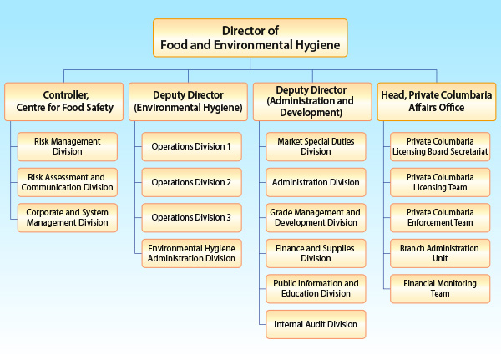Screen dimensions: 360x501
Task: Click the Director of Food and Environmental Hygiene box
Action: [250, 38]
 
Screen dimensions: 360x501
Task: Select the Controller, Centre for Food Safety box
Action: [63, 100]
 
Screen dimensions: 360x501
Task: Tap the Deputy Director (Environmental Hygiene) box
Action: [188, 100]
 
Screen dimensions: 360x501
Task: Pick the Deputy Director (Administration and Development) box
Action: [312, 100]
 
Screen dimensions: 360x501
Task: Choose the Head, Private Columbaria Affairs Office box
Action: [437, 100]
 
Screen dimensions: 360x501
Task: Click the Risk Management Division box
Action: [68, 146]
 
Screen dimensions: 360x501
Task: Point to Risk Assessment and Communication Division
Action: [68, 182]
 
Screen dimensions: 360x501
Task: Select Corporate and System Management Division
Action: [68, 217]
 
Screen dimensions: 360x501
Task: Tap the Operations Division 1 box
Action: [191, 146]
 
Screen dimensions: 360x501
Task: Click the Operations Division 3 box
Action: [191, 217]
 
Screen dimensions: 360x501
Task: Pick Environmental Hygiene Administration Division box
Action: [191, 253]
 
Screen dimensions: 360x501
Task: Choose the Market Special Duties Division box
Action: [316, 146]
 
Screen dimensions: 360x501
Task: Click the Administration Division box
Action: [316, 182]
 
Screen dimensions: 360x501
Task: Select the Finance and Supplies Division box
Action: [316, 253]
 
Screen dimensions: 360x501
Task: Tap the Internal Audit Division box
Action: [316, 324]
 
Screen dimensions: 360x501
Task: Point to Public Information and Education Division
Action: [316, 288]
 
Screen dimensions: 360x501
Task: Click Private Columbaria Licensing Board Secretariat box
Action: [440, 146]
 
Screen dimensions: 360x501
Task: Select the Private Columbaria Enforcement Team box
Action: [440, 217]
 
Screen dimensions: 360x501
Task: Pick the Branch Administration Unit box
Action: [440, 253]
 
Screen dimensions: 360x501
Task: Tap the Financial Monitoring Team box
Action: [440, 288]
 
